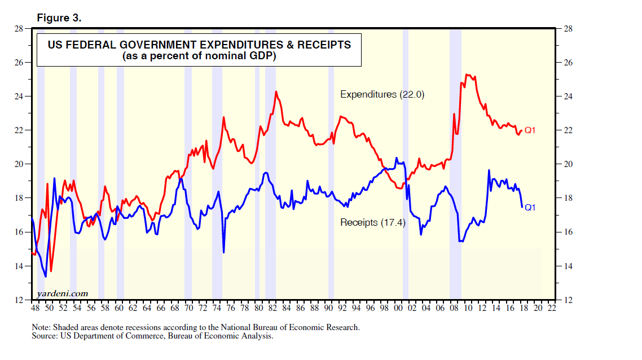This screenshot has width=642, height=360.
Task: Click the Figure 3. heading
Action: click(59, 18)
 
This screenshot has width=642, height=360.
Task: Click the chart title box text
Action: click(199, 50)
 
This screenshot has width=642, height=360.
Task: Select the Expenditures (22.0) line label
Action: click(382, 95)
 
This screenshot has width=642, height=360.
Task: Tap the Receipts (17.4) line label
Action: click(373, 222)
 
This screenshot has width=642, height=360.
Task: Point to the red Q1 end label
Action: click(530, 131)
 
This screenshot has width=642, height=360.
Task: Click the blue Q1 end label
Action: click(530, 208)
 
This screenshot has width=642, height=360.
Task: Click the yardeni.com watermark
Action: click(63, 293)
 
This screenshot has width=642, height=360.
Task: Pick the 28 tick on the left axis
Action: click(19, 28)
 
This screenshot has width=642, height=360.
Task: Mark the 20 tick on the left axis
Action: click(19, 164)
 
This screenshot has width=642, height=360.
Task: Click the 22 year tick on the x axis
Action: click(551, 309)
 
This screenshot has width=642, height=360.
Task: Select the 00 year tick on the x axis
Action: click(398, 309)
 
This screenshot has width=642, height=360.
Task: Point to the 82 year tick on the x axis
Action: click(272, 309)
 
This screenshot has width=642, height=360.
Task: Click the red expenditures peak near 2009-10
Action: click(467, 74)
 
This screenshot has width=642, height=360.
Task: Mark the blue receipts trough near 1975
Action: click(224, 252)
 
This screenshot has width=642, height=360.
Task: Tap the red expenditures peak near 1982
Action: click(276, 91)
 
